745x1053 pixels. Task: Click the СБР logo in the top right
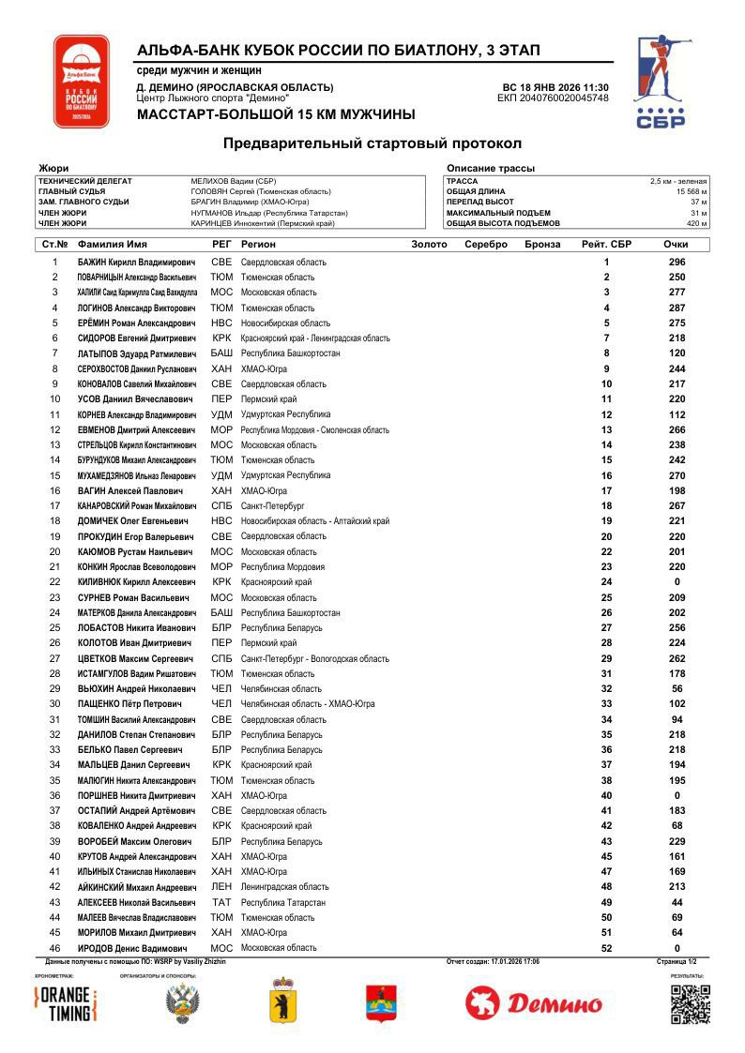pyautogui.click(x=661, y=83)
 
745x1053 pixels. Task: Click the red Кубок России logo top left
pyautogui.click(x=81, y=83)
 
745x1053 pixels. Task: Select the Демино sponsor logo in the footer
pyautogui.click(x=534, y=1004)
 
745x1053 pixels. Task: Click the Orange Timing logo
pyautogui.click(x=65, y=1004)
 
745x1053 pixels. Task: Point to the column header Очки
pyautogui.click(x=676, y=245)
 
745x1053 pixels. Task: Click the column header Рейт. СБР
pyautogui.click(x=606, y=245)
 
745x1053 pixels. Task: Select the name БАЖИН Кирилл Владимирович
pyautogui.click(x=137, y=263)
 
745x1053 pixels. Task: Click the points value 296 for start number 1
pyautogui.click(x=677, y=263)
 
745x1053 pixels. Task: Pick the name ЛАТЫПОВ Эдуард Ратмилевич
pyautogui.click(x=137, y=354)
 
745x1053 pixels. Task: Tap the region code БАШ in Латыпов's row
pyautogui.click(x=221, y=354)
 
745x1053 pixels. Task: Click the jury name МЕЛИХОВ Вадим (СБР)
pyautogui.click(x=233, y=181)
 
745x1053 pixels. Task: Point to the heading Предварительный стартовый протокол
pyautogui.click(x=372, y=143)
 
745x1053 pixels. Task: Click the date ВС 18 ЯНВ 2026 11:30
pyautogui.click(x=555, y=87)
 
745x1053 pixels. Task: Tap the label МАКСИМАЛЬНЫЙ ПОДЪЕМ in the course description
pyautogui.click(x=499, y=213)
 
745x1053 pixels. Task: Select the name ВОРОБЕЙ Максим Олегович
pyautogui.click(x=135, y=841)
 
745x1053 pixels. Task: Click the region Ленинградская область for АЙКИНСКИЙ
pyautogui.click(x=284, y=887)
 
